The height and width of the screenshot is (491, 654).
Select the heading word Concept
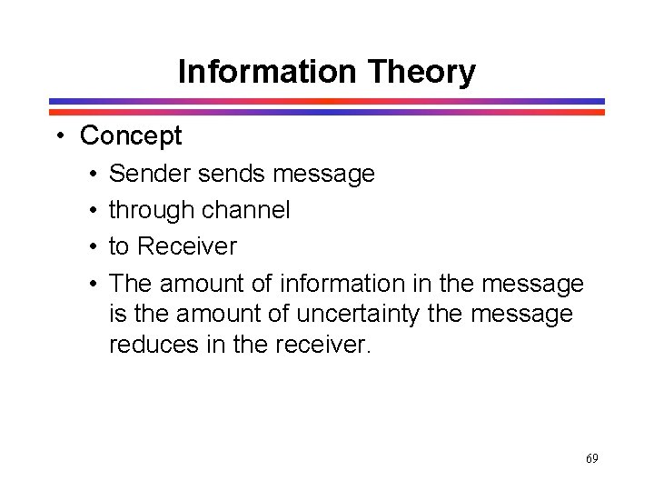(131, 136)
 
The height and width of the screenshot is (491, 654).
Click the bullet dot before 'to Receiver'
(94, 246)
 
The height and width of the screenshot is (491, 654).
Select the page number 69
(591, 458)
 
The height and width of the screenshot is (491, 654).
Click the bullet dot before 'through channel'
(94, 210)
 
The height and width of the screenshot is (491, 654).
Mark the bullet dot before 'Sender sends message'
(94, 174)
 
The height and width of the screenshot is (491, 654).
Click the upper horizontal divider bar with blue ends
(327, 102)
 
